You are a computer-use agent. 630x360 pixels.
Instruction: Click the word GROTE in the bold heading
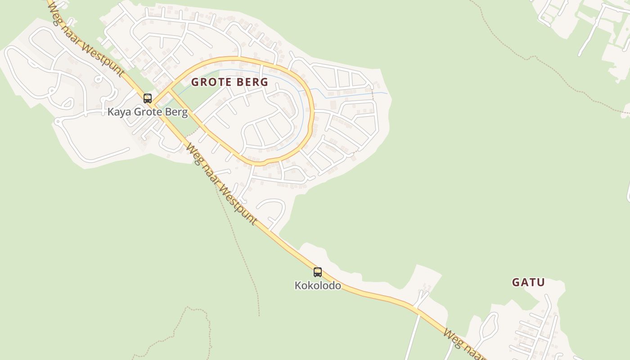pos(210,82)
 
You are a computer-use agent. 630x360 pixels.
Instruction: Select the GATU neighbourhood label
pos(528,283)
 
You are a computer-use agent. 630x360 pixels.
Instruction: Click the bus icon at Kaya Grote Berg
pos(148,98)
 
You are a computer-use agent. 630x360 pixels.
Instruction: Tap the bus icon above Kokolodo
pos(318,272)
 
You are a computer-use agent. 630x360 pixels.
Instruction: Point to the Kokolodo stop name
pos(318,286)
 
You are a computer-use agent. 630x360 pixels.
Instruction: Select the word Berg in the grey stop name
pos(177,112)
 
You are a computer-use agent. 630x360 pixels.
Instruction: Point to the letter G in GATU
pos(516,283)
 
